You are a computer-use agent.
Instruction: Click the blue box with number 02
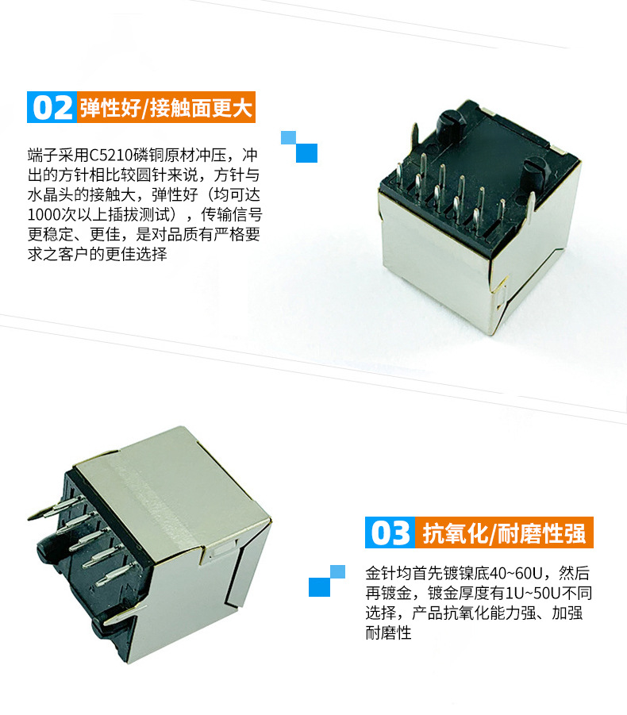(x=52, y=107)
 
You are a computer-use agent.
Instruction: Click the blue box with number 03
(x=390, y=532)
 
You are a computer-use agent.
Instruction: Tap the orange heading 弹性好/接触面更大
(x=166, y=107)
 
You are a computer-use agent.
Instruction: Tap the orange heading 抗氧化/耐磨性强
(x=504, y=532)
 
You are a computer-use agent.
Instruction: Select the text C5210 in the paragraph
(x=111, y=156)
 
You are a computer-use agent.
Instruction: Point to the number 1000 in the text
(x=44, y=215)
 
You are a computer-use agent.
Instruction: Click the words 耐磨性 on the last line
(x=389, y=633)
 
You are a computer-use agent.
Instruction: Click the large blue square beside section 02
(x=306, y=152)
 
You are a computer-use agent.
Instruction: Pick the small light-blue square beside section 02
(x=288, y=137)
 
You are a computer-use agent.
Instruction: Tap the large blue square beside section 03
(x=319, y=587)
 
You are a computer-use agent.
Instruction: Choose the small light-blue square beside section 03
(x=337, y=572)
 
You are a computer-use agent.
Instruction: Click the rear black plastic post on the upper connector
(x=451, y=124)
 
